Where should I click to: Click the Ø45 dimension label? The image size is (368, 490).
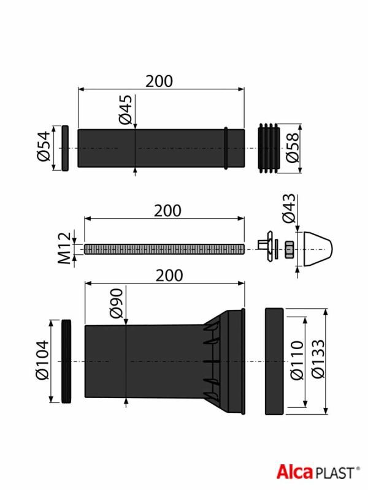click(126, 110)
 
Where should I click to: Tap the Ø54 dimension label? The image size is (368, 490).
click(44, 146)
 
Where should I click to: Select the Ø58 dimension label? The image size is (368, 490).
click(293, 148)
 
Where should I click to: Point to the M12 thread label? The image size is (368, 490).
click(65, 248)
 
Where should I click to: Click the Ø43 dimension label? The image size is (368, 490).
click(288, 208)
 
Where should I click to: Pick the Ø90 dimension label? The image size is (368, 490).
click(117, 303)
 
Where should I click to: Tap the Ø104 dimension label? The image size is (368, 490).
click(42, 360)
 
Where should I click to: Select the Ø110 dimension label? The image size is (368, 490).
click(297, 360)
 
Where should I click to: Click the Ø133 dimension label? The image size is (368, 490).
click(318, 359)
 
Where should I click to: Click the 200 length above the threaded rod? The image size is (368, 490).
click(167, 211)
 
